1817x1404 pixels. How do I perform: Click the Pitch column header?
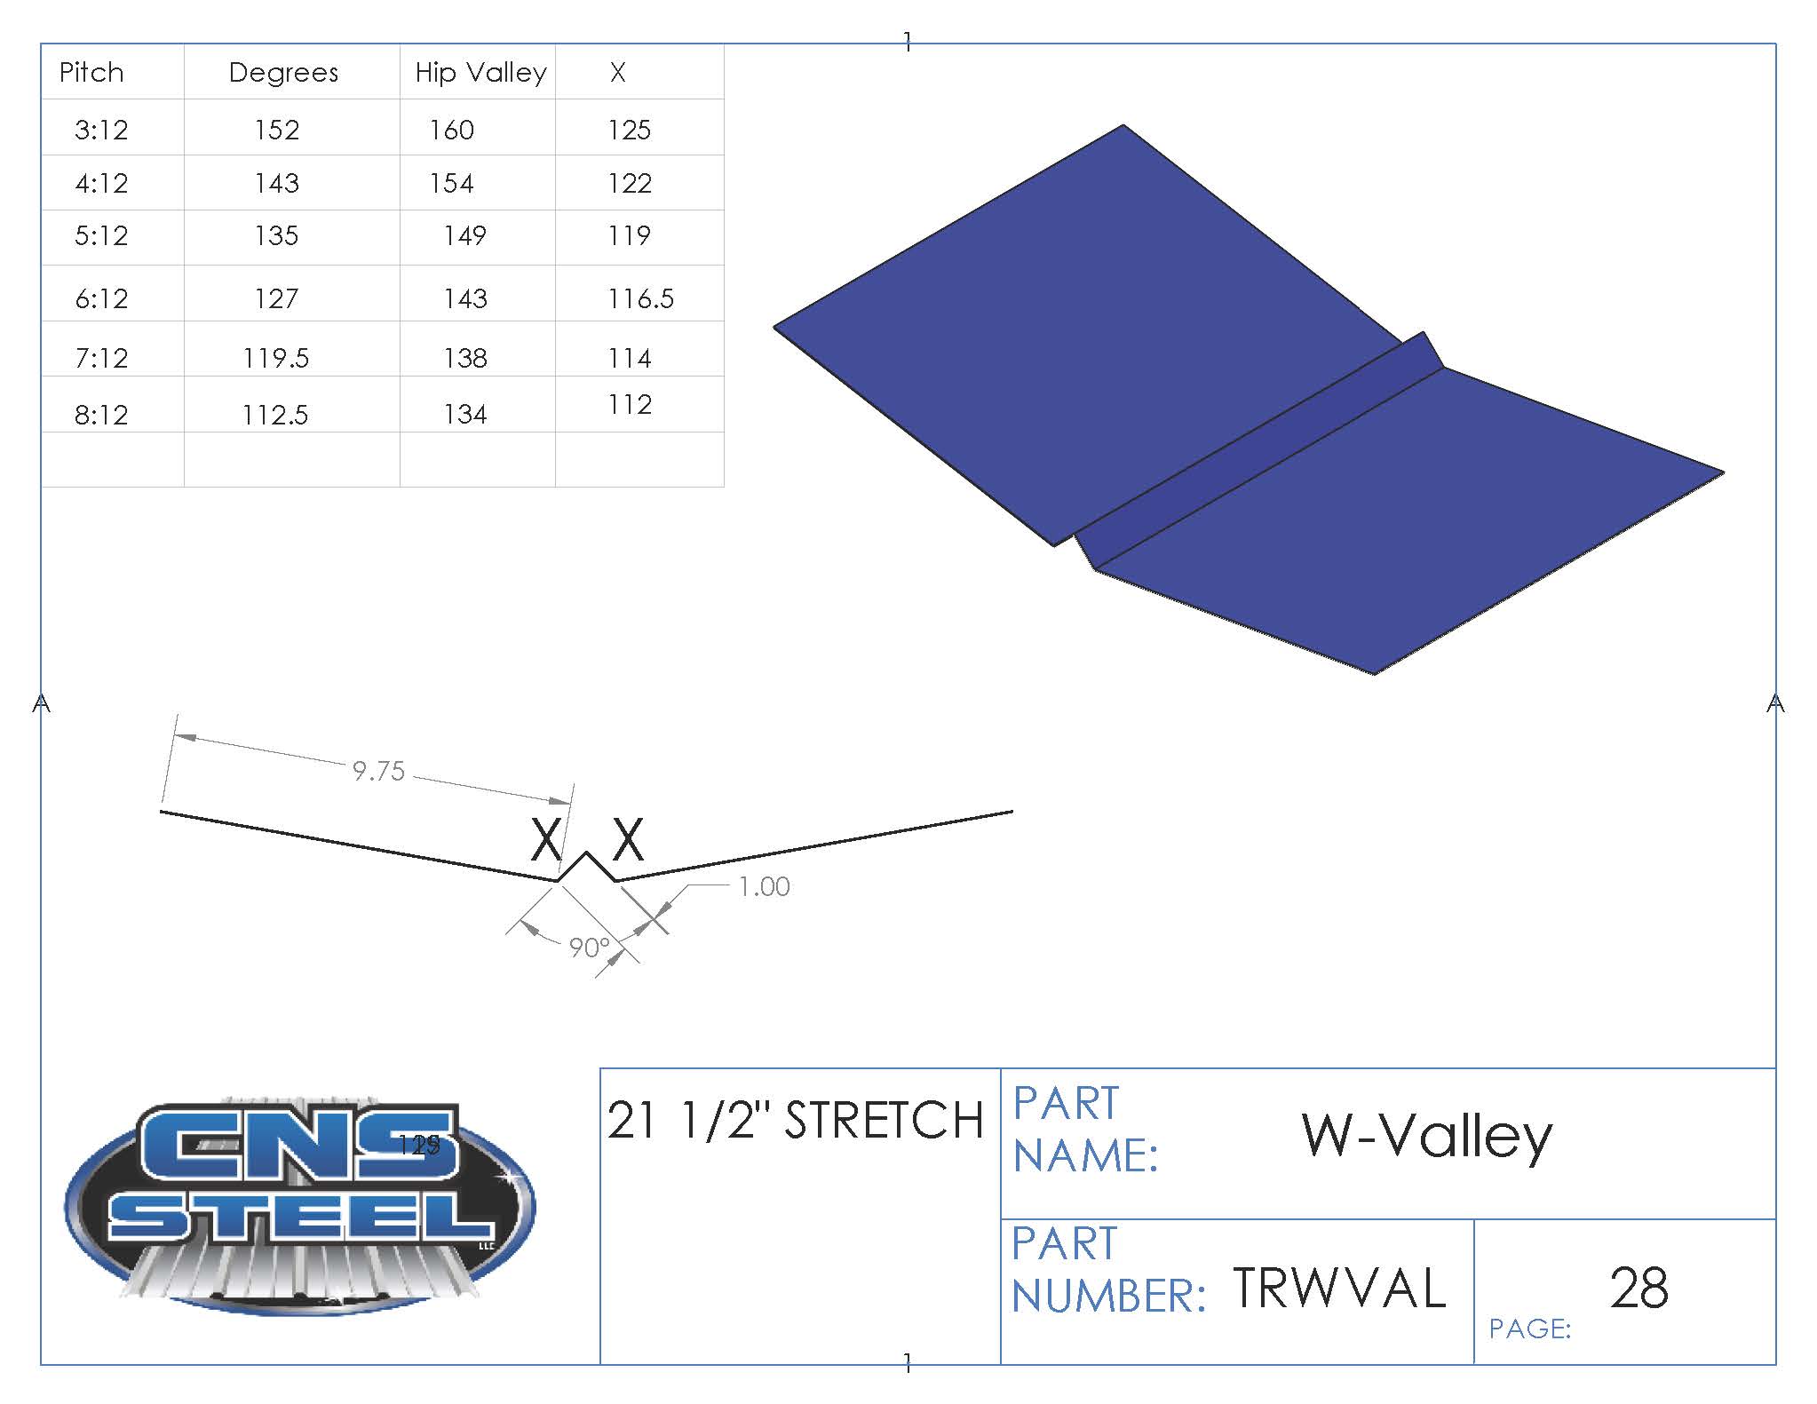pos(91,72)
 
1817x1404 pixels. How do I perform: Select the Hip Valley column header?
pos(480,72)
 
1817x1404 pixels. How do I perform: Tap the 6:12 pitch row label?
pos(101,298)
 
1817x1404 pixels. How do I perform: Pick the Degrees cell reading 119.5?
pos(276,358)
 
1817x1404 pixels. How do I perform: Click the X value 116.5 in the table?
pos(640,298)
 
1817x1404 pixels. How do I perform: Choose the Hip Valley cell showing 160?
pos(451,131)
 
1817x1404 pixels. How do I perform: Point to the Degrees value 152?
pos(276,131)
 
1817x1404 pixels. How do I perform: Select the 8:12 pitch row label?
pos(101,415)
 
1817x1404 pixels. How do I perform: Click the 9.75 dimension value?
pos(378,771)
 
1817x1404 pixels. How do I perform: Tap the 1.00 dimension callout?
pos(764,886)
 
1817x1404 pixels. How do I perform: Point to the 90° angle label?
pos(589,948)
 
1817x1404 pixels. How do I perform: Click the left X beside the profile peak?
pos(545,839)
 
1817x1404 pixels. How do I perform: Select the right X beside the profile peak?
pos(628,839)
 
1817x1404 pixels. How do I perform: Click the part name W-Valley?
pos(1426,1136)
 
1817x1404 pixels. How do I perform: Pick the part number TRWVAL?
pos(1339,1289)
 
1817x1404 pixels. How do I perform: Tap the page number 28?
pos(1638,1289)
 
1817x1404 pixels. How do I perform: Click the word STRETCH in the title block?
pos(884,1120)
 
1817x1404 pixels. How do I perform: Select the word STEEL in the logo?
pos(300,1217)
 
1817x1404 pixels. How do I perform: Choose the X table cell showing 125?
pos(629,131)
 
